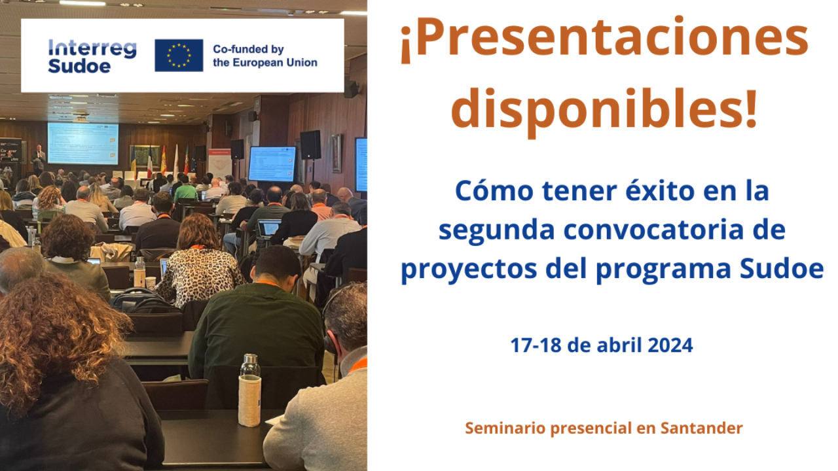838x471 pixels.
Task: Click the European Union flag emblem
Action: (179, 56)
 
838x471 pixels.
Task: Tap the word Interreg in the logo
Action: (92, 49)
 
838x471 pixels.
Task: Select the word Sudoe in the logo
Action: (79, 66)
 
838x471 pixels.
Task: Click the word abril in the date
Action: (619, 345)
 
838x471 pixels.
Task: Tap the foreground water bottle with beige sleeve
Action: (250, 391)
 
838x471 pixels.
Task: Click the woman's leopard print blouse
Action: (200, 275)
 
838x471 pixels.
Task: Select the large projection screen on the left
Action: (83, 143)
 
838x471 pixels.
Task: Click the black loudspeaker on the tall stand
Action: (310, 145)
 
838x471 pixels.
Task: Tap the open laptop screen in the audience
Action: (269, 227)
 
